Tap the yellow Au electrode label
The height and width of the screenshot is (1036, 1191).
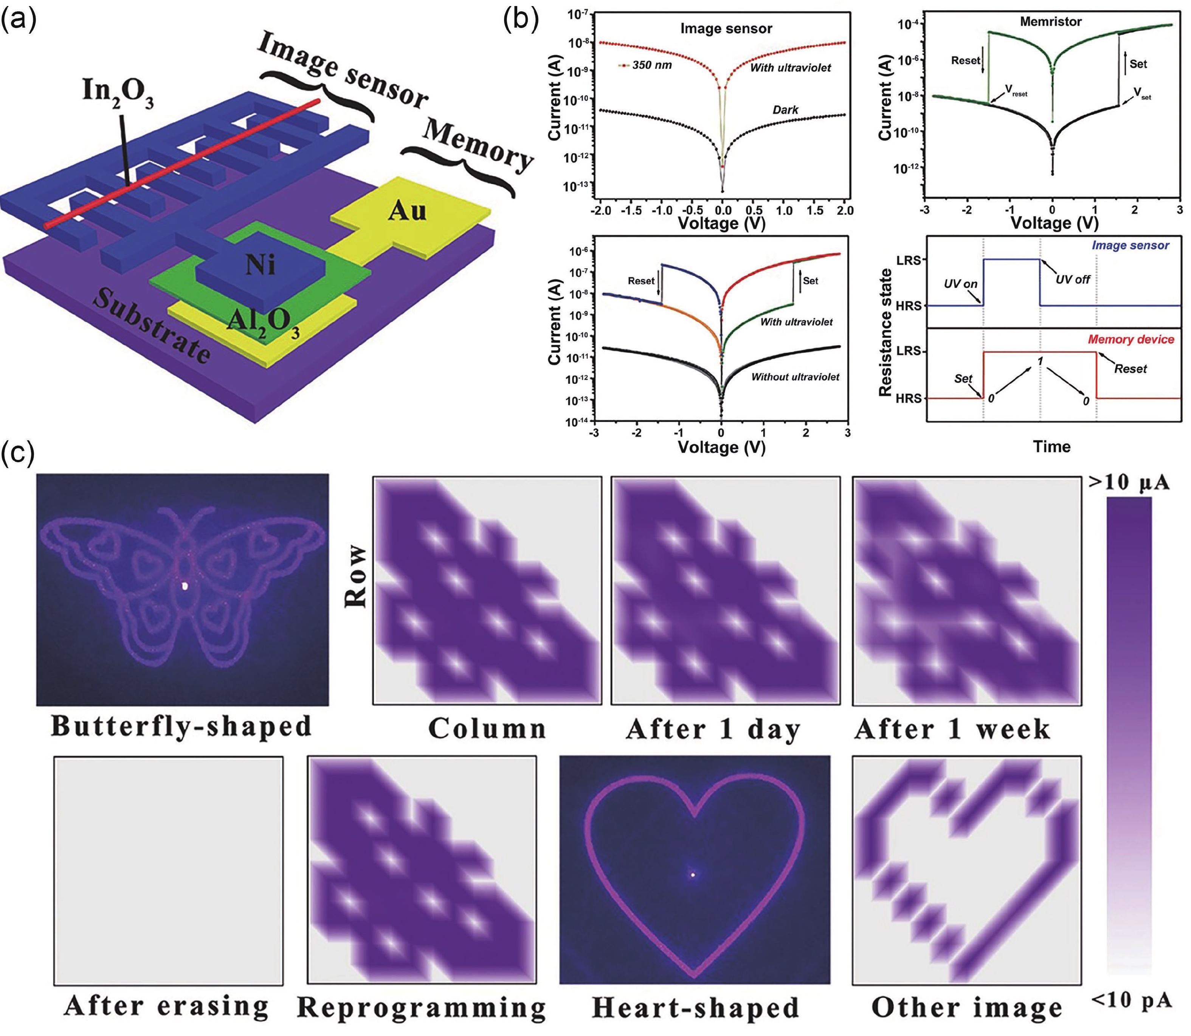(408, 211)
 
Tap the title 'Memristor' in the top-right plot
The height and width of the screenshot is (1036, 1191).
(1051, 22)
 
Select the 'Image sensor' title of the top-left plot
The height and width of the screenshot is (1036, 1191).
(726, 28)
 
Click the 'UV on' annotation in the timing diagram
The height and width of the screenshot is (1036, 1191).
(960, 284)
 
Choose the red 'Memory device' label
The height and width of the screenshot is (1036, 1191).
(1131, 339)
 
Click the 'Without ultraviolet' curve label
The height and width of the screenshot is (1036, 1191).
(795, 377)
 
